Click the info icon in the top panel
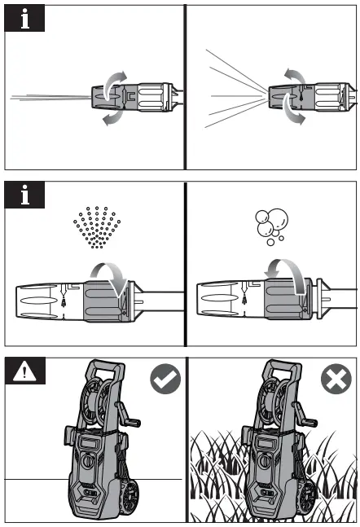click(x=24, y=18)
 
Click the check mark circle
click(x=165, y=379)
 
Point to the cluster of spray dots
click(x=96, y=226)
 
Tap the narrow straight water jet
click(x=49, y=98)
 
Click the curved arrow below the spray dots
click(x=109, y=277)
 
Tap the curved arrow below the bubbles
click(x=289, y=277)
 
